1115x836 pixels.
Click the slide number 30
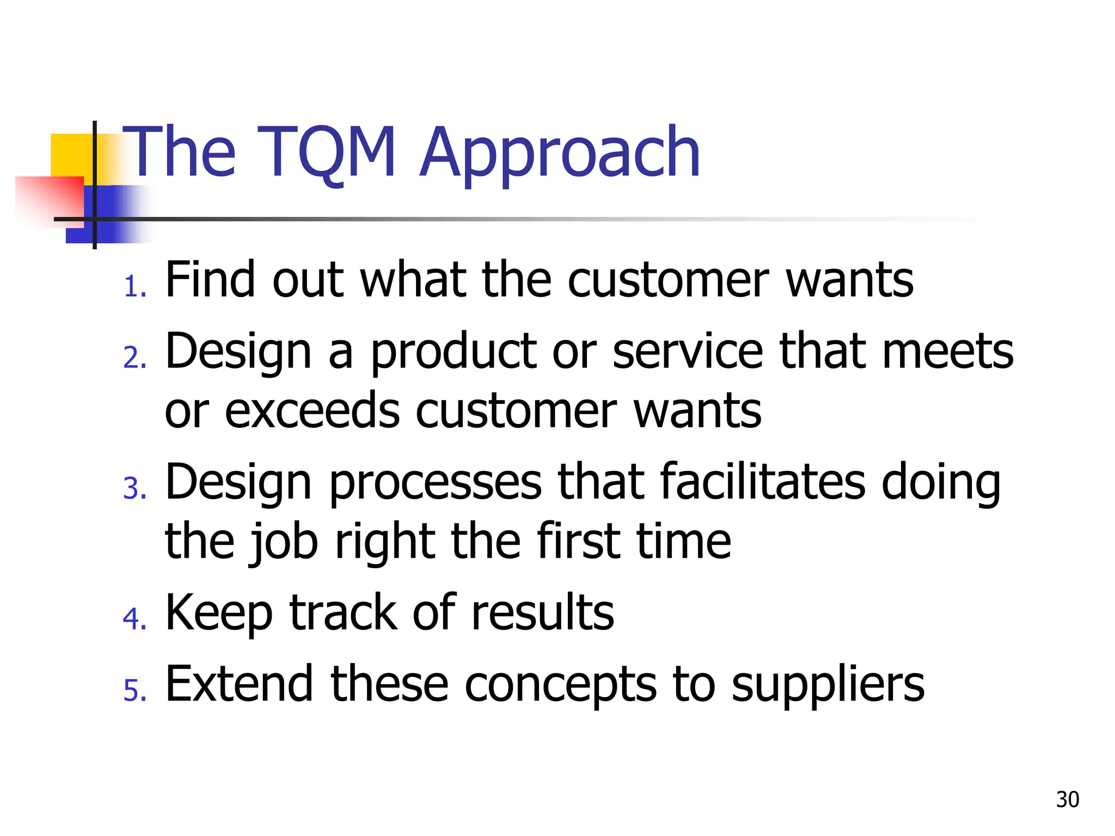click(1067, 799)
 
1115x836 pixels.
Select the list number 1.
click(134, 287)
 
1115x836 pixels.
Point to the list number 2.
click(134, 358)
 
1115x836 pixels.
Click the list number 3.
click(134, 488)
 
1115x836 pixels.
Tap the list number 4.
click(134, 619)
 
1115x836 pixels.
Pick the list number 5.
click(134, 691)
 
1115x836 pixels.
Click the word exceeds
click(312, 411)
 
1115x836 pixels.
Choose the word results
click(542, 612)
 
